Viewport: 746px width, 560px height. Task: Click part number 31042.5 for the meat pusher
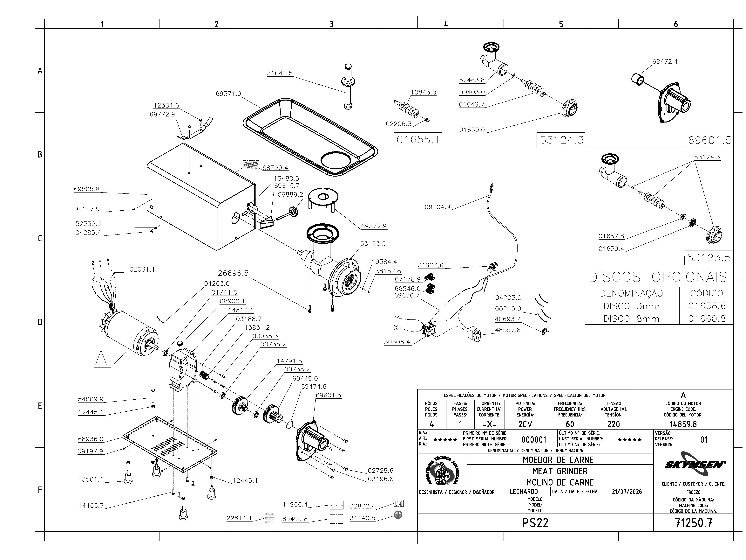pos(280,73)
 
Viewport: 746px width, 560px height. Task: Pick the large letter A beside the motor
pos(101,359)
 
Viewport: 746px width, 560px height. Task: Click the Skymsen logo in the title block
pos(693,465)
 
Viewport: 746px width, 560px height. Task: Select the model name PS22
pos(535,523)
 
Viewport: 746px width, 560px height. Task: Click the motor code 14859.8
pos(683,424)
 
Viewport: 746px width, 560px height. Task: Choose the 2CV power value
pos(525,424)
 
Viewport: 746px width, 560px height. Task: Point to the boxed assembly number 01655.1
pos(418,140)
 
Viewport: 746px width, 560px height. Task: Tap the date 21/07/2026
pos(627,492)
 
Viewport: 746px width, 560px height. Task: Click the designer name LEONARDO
pos(524,492)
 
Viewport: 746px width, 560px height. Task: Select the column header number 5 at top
pos(561,24)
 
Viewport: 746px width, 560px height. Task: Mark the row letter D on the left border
pos(40,322)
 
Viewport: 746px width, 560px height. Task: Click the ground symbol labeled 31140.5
pos(398,515)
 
